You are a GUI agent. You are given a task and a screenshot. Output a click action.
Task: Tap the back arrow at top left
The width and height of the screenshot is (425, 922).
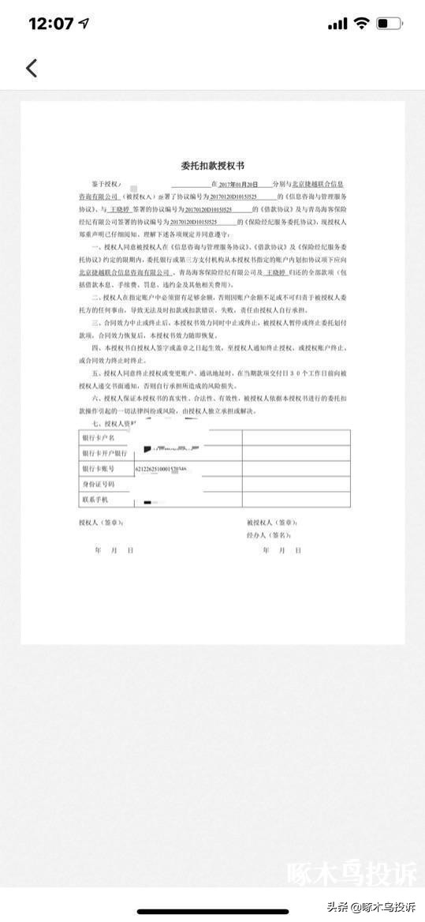click(x=32, y=68)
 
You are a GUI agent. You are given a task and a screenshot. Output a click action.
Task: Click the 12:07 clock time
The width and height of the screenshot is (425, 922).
click(x=50, y=24)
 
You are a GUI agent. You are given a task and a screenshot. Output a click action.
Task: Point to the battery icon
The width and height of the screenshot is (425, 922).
click(x=390, y=24)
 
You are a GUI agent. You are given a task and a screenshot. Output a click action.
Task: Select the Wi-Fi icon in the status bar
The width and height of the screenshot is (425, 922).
click(x=361, y=24)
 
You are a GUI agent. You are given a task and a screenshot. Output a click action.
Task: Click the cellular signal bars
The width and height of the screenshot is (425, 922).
click(x=337, y=24)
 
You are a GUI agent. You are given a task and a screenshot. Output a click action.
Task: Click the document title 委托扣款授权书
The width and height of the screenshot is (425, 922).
click(x=212, y=166)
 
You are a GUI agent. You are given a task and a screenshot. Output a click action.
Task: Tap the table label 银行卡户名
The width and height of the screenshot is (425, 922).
click(x=99, y=437)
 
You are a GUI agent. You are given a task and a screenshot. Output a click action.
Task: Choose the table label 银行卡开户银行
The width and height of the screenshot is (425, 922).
click(x=104, y=453)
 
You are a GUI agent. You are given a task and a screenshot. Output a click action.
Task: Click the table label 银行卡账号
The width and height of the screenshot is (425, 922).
click(x=99, y=469)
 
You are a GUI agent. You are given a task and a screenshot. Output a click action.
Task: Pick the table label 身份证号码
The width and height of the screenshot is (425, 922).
click(x=99, y=484)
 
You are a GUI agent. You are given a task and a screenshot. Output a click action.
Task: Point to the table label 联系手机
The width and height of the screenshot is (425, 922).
click(x=95, y=500)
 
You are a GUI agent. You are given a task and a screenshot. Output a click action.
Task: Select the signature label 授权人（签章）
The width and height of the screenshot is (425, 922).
click(x=101, y=523)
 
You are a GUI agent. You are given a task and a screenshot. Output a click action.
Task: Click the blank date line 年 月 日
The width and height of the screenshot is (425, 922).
click(x=114, y=549)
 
